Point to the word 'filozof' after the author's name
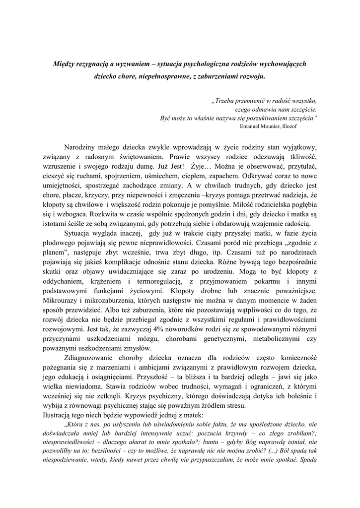click(x=300, y=126)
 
